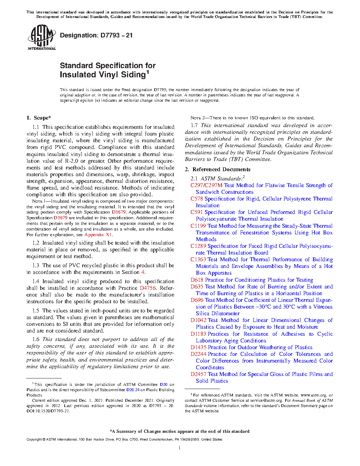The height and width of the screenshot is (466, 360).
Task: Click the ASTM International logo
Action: point(42,37)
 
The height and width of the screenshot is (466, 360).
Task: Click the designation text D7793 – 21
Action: point(96,35)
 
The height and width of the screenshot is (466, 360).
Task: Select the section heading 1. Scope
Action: point(39,118)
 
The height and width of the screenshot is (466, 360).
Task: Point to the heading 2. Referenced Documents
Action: point(217,169)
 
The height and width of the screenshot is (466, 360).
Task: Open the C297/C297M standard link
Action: point(206,185)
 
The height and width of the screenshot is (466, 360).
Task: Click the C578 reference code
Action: point(197,199)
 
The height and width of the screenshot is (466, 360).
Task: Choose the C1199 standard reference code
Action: point(198,226)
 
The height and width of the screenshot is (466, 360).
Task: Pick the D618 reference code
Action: point(197,280)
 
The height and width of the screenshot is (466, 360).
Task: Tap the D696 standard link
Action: point(197,300)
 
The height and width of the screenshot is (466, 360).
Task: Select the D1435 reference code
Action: point(198,347)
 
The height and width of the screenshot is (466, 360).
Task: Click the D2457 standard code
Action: point(198,374)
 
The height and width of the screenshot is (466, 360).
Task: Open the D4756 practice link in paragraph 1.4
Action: point(148,288)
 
